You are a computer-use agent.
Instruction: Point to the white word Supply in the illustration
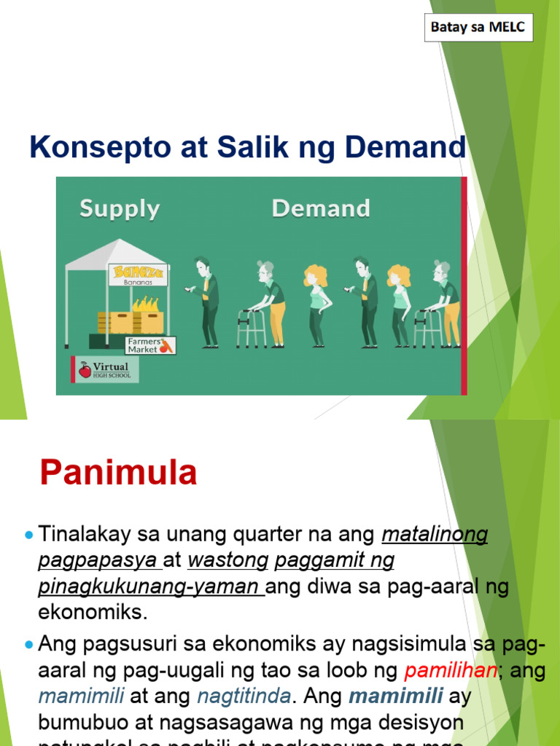tap(120, 209)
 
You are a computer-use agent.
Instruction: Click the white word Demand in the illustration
tap(321, 209)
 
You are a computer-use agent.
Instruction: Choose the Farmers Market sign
tap(149, 345)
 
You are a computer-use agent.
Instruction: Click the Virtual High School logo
tap(104, 369)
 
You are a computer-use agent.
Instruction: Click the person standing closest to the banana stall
tap(209, 302)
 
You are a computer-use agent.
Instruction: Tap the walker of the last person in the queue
tap(428, 329)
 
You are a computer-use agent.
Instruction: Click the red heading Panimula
tap(119, 473)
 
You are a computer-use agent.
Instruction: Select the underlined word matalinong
tap(435, 535)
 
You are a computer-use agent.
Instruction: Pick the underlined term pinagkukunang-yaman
tap(151, 586)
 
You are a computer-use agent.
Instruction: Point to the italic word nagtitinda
tap(244, 696)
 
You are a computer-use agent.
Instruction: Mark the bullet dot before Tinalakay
tap(29, 535)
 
